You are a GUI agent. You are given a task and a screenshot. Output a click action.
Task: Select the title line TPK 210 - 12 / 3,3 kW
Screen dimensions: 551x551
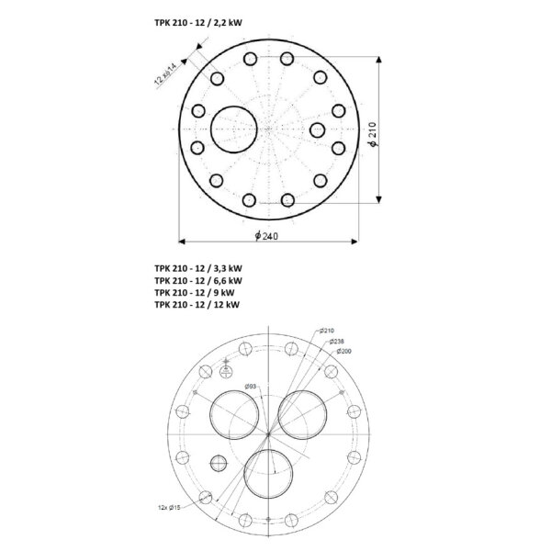pos(198,268)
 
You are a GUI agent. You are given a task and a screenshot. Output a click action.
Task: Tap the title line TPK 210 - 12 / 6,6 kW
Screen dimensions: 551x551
pos(198,280)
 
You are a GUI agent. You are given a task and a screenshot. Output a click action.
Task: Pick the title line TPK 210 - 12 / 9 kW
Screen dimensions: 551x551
pos(195,292)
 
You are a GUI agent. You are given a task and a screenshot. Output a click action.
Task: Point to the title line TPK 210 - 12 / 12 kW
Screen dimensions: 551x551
pos(197,304)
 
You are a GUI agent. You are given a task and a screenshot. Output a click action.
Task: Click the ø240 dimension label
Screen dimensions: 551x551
pos(267,236)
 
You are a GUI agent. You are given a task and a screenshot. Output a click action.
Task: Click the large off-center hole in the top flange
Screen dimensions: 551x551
pos(235,128)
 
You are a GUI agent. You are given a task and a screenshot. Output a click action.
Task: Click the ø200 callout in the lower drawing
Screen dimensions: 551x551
pos(343,351)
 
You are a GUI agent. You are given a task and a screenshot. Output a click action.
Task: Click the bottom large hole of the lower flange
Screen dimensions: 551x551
pos(270,474)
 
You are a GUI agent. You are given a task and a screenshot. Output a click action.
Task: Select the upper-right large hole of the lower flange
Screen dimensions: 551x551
pos(305,413)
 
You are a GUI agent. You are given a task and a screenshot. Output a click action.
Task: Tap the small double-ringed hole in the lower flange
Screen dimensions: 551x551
pos(218,462)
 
